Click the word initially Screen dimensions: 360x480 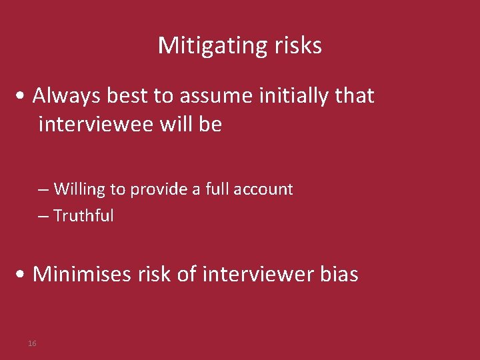coord(291,96)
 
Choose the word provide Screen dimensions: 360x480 coord(159,189)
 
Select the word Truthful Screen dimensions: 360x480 coord(83,216)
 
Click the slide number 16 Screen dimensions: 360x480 coord(32,343)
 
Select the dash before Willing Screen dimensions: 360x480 coord(43,190)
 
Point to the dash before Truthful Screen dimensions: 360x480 coord(43,217)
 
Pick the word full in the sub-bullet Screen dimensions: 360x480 coord(217,189)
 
